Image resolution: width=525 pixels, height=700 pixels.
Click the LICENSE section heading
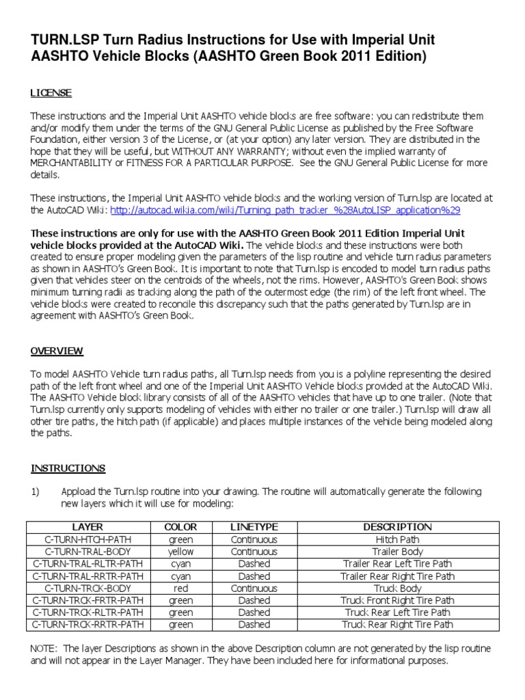click(x=51, y=93)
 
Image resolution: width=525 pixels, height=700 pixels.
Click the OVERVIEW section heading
click(x=57, y=351)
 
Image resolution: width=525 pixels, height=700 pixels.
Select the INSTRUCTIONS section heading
click(x=68, y=468)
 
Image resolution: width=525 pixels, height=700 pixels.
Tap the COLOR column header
click(x=180, y=527)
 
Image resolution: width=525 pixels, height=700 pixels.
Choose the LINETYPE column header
click(x=254, y=527)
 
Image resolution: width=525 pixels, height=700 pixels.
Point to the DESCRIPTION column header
click(x=397, y=527)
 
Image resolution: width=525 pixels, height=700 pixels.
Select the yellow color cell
click(x=180, y=552)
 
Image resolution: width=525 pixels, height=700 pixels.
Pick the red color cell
click(x=180, y=588)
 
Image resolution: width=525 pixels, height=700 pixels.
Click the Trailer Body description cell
click(x=397, y=552)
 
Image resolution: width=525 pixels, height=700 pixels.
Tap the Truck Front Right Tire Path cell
click(x=397, y=600)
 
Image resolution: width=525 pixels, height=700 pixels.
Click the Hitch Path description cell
click(x=397, y=539)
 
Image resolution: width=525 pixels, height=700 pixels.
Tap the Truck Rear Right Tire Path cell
click(x=397, y=624)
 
